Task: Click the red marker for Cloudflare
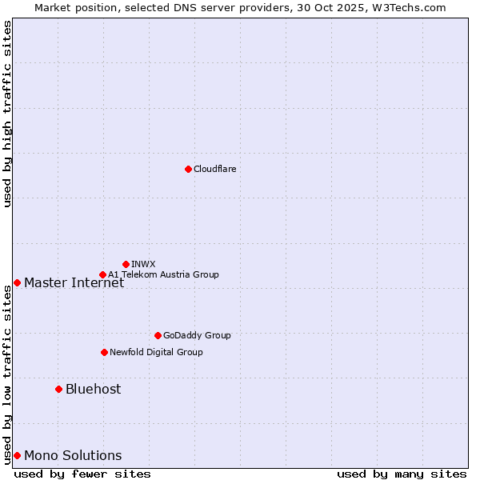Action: click(188, 169)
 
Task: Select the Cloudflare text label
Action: click(214, 169)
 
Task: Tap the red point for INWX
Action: click(126, 264)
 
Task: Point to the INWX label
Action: click(143, 264)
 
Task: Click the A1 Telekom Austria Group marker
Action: click(102, 274)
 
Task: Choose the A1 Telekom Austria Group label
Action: click(163, 274)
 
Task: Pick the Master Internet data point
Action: click(17, 282)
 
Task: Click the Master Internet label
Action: click(74, 282)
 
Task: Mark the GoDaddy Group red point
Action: click(158, 335)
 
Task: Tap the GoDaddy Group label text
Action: click(196, 335)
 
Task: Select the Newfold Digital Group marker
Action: click(104, 352)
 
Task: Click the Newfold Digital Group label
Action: click(156, 352)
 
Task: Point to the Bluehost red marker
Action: click(58, 389)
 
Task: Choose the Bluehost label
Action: click(93, 389)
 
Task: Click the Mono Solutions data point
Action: click(17, 455)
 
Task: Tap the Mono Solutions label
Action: click(73, 455)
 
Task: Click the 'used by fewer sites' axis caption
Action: click(82, 474)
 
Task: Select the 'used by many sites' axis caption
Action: click(402, 474)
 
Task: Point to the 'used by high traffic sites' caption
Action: click(7, 114)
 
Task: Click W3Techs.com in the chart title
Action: click(406, 7)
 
